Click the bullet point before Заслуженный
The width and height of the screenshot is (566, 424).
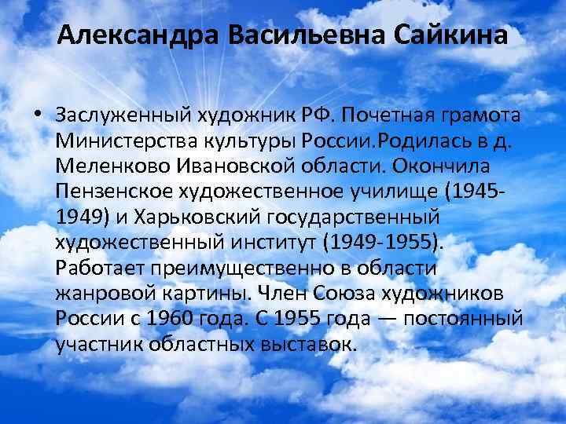[38, 116]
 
